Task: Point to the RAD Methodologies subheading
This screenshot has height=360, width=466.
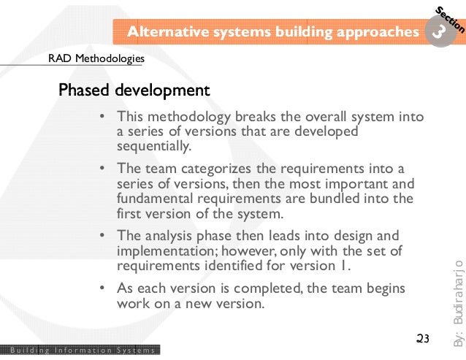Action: click(96, 58)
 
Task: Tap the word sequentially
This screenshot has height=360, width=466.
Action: click(153, 145)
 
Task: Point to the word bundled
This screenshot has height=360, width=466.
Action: click(326, 198)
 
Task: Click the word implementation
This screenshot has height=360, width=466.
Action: click(161, 250)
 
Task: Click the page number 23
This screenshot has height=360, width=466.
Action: click(422, 338)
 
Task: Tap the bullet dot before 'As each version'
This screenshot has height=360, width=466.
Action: click(102, 288)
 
